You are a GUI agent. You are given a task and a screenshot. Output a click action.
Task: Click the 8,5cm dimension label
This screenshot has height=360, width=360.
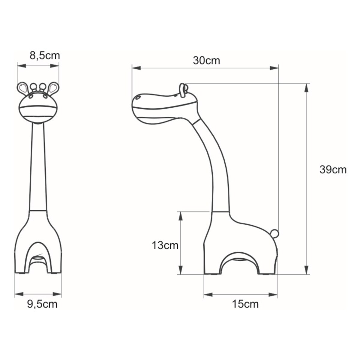pyautogui.click(x=45, y=55)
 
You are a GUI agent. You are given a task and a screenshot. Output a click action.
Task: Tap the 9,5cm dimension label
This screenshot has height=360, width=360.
pyautogui.click(x=42, y=304)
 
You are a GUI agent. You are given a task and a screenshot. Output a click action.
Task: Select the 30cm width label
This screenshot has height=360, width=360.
pyautogui.click(x=206, y=61)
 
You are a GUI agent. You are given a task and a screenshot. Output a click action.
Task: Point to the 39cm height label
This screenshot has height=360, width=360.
pyautogui.click(x=333, y=170)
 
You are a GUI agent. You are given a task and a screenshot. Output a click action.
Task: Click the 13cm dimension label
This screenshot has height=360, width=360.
pyautogui.click(x=165, y=245)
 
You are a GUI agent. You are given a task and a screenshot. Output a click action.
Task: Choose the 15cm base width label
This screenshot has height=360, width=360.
pyautogui.click(x=245, y=304)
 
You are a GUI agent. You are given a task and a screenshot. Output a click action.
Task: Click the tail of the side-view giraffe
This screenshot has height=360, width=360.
pyautogui.click(x=275, y=233)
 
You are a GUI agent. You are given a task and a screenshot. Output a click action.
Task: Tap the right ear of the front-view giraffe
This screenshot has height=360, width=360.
pyautogui.click(x=54, y=88)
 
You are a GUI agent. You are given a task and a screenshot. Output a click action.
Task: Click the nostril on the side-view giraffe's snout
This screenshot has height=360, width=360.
pyautogui.click(x=139, y=97)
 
